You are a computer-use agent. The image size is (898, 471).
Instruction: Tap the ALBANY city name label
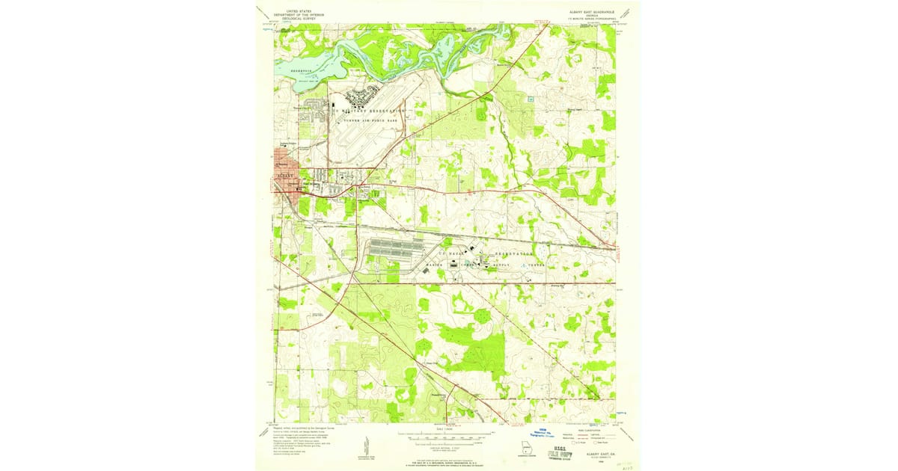(x=286, y=176)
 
